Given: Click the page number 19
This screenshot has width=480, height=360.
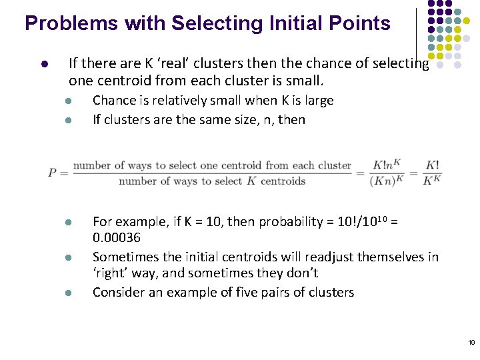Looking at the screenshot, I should click(471, 343).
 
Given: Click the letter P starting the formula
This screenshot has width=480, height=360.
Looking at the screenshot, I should click(53, 173).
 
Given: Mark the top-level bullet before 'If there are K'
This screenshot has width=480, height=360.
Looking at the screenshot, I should click(41, 65).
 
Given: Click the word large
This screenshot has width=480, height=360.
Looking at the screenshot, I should click(317, 101).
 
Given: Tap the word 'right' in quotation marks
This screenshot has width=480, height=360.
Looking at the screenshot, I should click(110, 273).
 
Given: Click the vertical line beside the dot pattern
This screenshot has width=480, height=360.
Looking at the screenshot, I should click(417, 33).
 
